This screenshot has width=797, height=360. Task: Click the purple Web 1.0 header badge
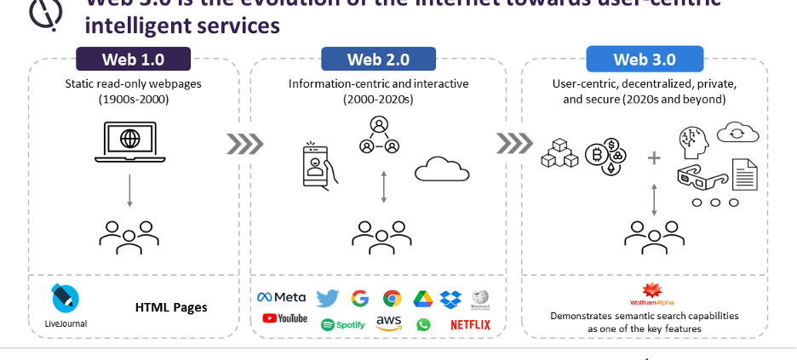click(133, 60)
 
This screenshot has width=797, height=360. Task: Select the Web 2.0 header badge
click(378, 60)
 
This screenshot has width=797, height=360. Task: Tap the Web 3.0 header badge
click(645, 60)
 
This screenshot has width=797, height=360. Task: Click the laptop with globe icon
click(130, 140)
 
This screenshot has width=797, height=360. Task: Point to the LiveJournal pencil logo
click(66, 298)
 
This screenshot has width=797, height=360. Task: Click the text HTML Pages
click(171, 307)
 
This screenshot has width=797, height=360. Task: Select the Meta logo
click(282, 297)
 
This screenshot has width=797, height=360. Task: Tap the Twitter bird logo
click(327, 298)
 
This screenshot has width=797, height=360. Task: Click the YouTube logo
click(284, 318)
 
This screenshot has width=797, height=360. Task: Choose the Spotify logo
click(343, 324)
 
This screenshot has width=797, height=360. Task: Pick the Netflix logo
click(470, 324)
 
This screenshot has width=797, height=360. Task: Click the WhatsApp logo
click(423, 324)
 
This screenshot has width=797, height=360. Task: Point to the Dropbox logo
click(450, 299)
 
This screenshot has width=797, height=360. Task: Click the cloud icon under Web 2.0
click(442, 169)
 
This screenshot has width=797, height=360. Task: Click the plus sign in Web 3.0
click(654, 158)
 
